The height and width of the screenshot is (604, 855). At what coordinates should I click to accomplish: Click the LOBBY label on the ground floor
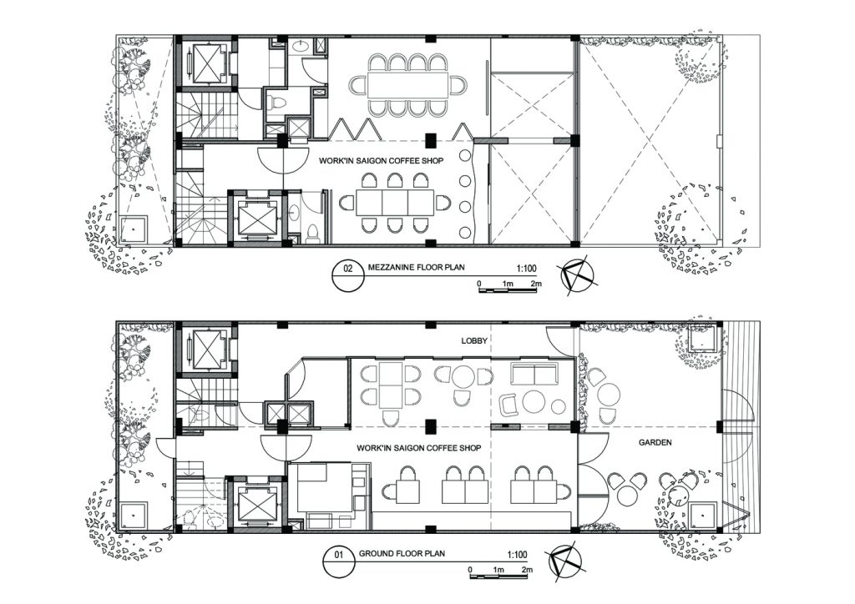(474, 341)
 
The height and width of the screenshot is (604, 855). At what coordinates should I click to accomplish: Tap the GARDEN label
(655, 442)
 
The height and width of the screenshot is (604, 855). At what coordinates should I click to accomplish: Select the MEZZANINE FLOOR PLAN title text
(416, 267)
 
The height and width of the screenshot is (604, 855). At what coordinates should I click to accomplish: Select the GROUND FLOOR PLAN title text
(402, 553)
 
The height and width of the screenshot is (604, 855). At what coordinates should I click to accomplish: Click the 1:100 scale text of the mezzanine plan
(526, 268)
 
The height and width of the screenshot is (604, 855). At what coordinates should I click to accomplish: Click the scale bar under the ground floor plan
(501, 576)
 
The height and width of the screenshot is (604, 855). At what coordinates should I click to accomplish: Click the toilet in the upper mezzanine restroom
(276, 102)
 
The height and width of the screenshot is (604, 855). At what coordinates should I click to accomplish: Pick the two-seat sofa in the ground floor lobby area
(534, 374)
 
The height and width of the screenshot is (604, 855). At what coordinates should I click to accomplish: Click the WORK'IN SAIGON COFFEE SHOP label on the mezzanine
(381, 161)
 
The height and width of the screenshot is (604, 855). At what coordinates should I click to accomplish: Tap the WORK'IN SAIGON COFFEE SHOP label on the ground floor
(419, 448)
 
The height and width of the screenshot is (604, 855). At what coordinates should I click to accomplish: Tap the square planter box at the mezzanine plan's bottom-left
(133, 229)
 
